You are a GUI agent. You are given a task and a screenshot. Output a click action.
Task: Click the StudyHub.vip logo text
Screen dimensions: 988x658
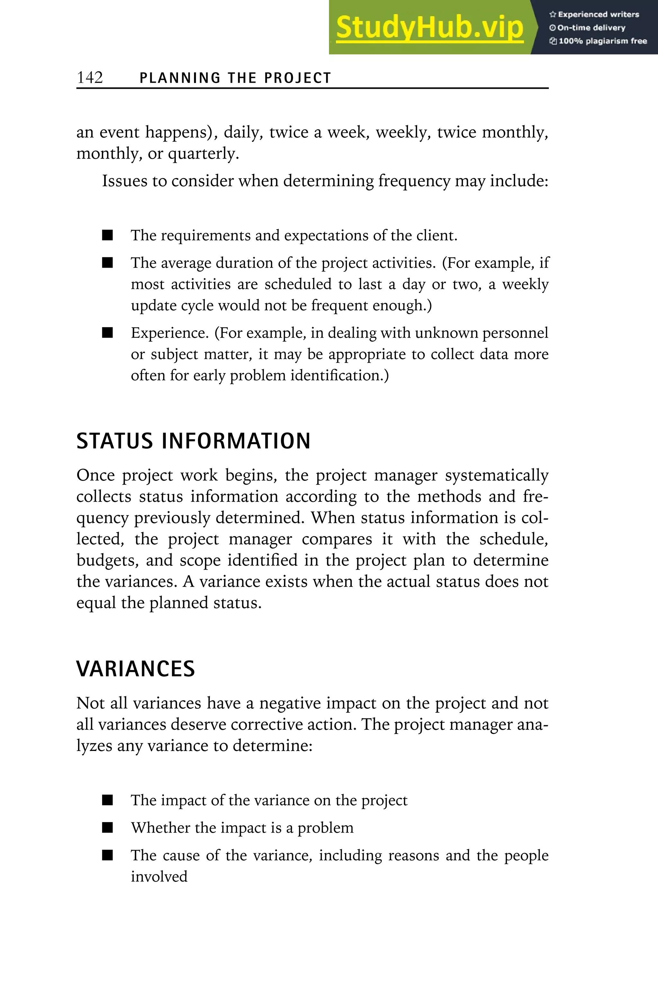click(429, 27)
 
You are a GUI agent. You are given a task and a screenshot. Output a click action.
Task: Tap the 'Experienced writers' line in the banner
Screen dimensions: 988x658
click(594, 14)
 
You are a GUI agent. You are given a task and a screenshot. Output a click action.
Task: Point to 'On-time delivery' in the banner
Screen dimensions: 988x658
click(588, 28)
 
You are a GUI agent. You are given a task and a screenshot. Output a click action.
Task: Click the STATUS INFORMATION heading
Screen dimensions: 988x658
click(193, 441)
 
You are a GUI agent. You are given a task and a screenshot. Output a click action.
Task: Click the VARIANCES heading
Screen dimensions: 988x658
click(136, 669)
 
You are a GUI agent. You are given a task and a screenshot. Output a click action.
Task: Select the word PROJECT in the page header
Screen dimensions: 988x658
click(298, 78)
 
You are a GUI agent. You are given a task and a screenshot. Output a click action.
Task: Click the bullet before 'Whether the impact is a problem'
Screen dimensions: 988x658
click(107, 828)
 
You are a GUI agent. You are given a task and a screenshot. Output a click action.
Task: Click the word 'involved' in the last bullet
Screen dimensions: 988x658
click(159, 877)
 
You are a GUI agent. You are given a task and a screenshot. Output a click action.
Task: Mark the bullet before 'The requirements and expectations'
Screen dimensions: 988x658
click(107, 235)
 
